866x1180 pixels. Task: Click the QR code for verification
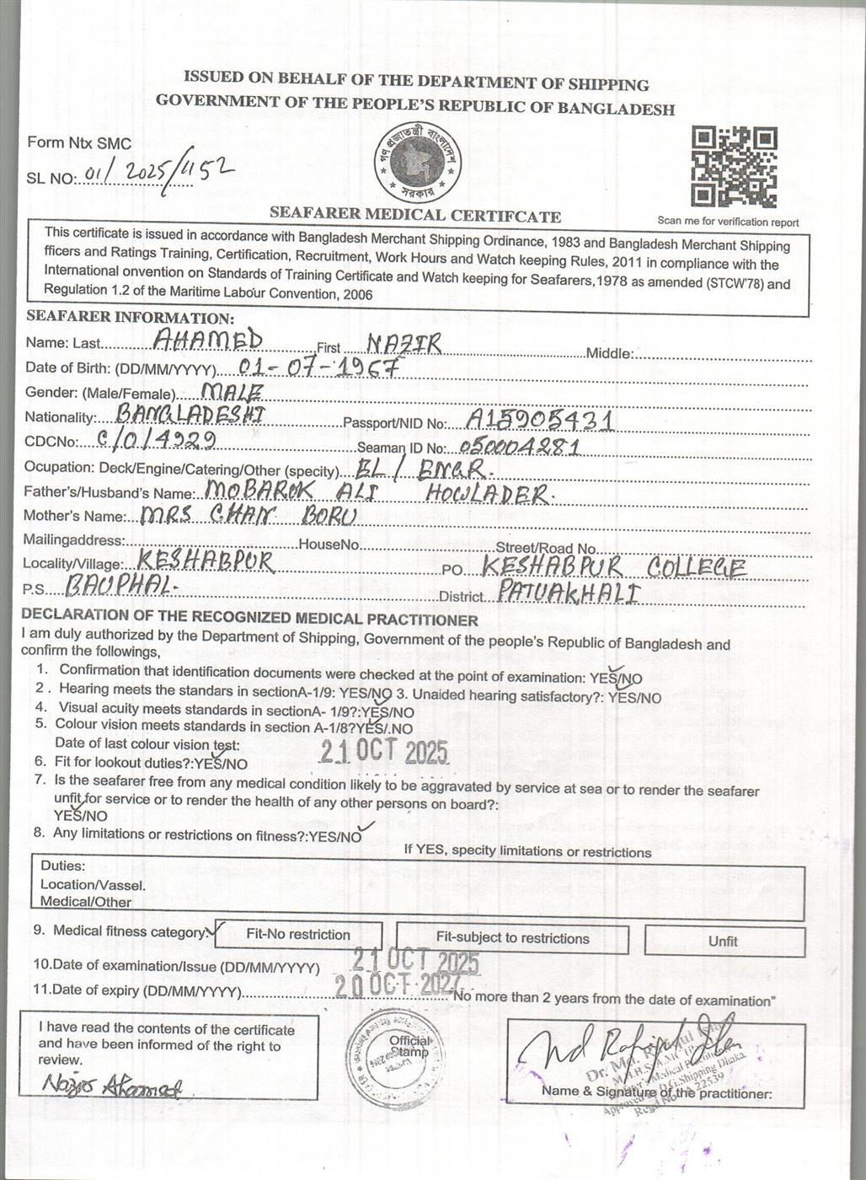734,167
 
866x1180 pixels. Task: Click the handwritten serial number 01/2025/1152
157,174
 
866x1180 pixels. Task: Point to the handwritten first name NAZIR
404,342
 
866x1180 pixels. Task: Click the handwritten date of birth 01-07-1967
318,367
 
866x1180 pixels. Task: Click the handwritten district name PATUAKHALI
569,592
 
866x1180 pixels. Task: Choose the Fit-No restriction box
298,935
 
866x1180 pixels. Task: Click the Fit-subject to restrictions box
512,938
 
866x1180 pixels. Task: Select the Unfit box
723,941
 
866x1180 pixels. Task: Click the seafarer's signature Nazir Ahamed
110,1086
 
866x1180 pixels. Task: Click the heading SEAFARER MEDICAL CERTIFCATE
414,216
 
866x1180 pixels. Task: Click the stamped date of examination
415,960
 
